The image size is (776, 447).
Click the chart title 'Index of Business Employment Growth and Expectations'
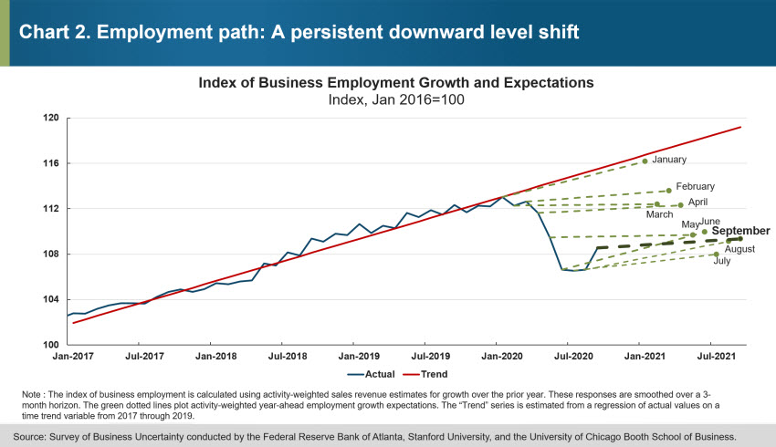pyautogui.click(x=396, y=82)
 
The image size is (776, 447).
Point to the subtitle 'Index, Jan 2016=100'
pyautogui.click(x=396, y=99)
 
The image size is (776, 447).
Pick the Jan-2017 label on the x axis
pyautogui.click(x=68, y=355)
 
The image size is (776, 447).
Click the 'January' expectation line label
pyautogui.click(x=669, y=160)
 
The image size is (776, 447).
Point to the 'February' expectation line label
pyautogui.click(x=695, y=186)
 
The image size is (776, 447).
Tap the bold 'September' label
pyautogui.click(x=740, y=231)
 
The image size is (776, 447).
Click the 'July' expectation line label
pyautogui.click(x=721, y=261)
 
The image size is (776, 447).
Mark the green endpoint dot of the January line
pyautogui.click(x=645, y=161)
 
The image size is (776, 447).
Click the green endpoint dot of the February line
pyautogui.click(x=669, y=191)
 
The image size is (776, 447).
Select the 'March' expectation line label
pyautogui.click(x=659, y=214)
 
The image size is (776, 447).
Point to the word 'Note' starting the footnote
pyautogui.click(x=30, y=393)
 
